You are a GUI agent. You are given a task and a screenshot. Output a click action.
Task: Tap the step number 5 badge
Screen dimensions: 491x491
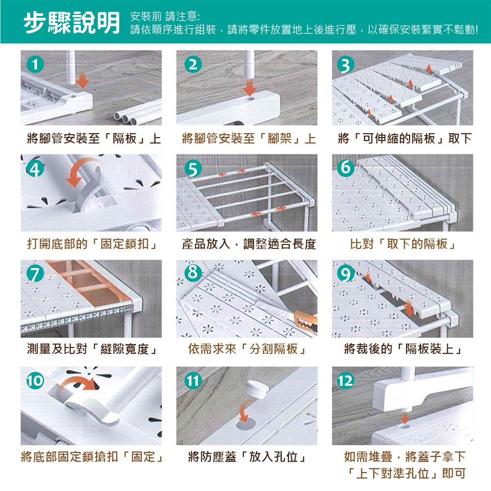(193, 169)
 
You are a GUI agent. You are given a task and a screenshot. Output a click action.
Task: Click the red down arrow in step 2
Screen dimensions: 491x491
(250, 88)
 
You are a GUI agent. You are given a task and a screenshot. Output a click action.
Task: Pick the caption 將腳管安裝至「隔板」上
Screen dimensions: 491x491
(93, 138)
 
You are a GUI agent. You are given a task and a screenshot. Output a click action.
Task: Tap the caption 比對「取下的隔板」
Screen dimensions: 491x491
(403, 244)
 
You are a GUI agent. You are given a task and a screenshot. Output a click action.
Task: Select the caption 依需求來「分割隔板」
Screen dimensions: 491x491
(248, 349)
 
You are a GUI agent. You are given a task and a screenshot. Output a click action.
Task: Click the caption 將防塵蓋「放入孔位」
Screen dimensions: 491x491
(248, 458)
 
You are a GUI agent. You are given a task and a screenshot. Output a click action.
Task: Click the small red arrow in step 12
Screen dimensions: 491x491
(404, 418)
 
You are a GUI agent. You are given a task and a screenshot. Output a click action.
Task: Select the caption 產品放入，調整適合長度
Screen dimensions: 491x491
(248, 244)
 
